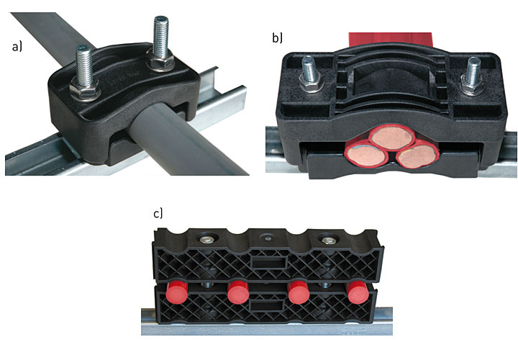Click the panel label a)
tap(17, 47)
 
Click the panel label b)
tap(277, 38)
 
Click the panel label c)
tap(158, 214)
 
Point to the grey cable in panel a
tap(185, 139)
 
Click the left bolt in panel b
tap(309, 74)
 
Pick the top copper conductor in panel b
tap(392, 137)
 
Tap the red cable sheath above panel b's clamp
tap(390, 40)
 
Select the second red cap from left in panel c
tap(238, 292)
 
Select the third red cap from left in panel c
tap(299, 292)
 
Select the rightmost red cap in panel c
tap(358, 292)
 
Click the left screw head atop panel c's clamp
tap(207, 240)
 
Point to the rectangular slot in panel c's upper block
tap(268, 263)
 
